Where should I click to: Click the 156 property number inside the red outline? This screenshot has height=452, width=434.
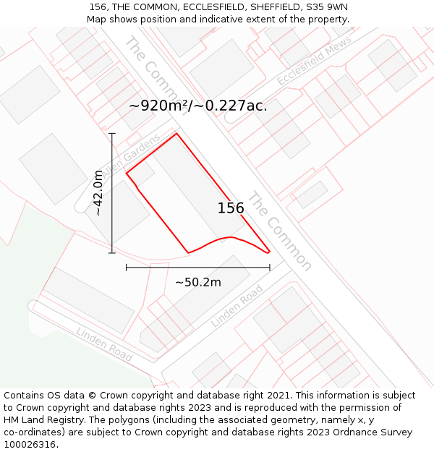pos(231,208)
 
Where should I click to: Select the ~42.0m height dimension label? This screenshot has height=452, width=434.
pos(98,193)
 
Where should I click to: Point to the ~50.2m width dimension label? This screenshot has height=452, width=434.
pos(198,282)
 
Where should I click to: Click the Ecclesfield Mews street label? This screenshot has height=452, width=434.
pos(314,62)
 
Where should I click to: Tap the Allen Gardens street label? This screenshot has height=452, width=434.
pos(130,155)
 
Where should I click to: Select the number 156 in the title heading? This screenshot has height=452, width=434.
pos(98,7)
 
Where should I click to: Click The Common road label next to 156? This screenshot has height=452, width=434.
pos(280,231)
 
